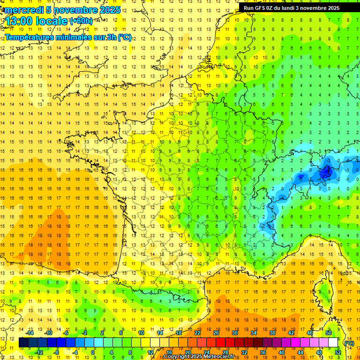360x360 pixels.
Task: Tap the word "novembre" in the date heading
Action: pyautogui.click(x=72, y=10)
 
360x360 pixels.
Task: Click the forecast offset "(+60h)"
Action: pyautogui.click(x=81, y=21)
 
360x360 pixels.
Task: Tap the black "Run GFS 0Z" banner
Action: pyautogui.click(x=295, y=7)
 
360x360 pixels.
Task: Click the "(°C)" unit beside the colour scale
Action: pyautogui.click(x=349, y=343)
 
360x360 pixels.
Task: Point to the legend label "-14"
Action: pyautogui.click(x=30, y=333)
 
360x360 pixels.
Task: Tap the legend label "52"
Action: pyautogui.click(x=337, y=352)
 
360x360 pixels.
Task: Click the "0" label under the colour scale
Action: pyautogui.click(x=93, y=352)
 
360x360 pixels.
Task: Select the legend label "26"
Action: pyautogui.click(x=216, y=333)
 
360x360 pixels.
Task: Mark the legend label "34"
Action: pyautogui.click(x=254, y=333)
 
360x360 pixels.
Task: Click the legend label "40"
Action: pyautogui.click(x=281, y=352)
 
